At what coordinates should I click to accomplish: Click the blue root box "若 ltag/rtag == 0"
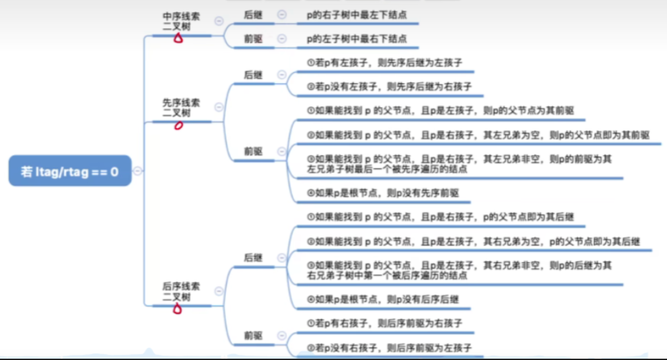(x=70, y=171)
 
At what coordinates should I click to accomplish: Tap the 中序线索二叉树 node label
(x=181, y=20)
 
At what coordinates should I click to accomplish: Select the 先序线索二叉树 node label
(x=181, y=108)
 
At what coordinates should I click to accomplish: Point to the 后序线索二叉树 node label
(x=181, y=291)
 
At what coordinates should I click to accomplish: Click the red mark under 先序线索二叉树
(x=178, y=125)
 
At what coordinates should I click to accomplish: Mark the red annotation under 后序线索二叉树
(x=177, y=308)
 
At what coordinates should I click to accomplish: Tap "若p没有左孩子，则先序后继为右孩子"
(x=389, y=87)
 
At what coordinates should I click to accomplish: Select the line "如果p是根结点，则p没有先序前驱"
(x=383, y=193)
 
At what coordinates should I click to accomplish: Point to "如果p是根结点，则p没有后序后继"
(x=383, y=299)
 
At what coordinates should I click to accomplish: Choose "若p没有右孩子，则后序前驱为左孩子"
(x=389, y=347)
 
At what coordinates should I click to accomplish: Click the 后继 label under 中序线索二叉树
(x=253, y=14)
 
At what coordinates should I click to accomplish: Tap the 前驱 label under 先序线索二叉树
(x=253, y=151)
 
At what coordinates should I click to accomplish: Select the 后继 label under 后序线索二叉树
(x=253, y=258)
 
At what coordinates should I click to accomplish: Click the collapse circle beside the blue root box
(x=137, y=170)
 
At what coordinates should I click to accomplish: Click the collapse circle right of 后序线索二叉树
(x=219, y=291)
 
